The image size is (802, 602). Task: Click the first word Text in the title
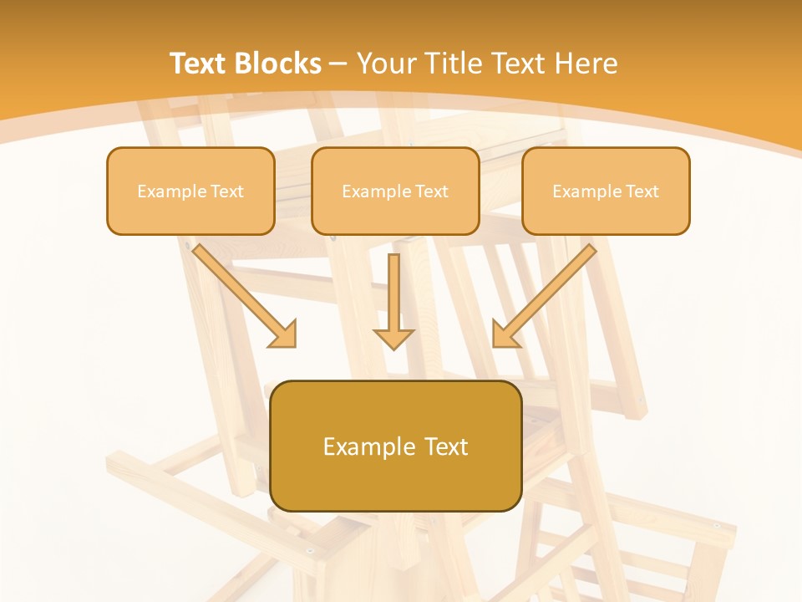pyautogui.click(x=200, y=64)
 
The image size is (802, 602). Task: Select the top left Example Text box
pyautogui.click(x=190, y=191)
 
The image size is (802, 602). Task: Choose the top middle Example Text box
pyautogui.click(x=395, y=191)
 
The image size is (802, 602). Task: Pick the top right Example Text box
pyautogui.click(x=606, y=191)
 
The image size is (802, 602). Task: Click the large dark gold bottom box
pyautogui.click(x=396, y=446)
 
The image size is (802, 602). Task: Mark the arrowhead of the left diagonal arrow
pyautogui.click(x=284, y=334)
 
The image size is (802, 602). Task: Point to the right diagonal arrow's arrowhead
pyautogui.click(x=505, y=334)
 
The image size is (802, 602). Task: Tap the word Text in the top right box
pyautogui.click(x=642, y=191)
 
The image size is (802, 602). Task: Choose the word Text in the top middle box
pyautogui.click(x=431, y=191)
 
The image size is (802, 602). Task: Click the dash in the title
pyautogui.click(x=338, y=64)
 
